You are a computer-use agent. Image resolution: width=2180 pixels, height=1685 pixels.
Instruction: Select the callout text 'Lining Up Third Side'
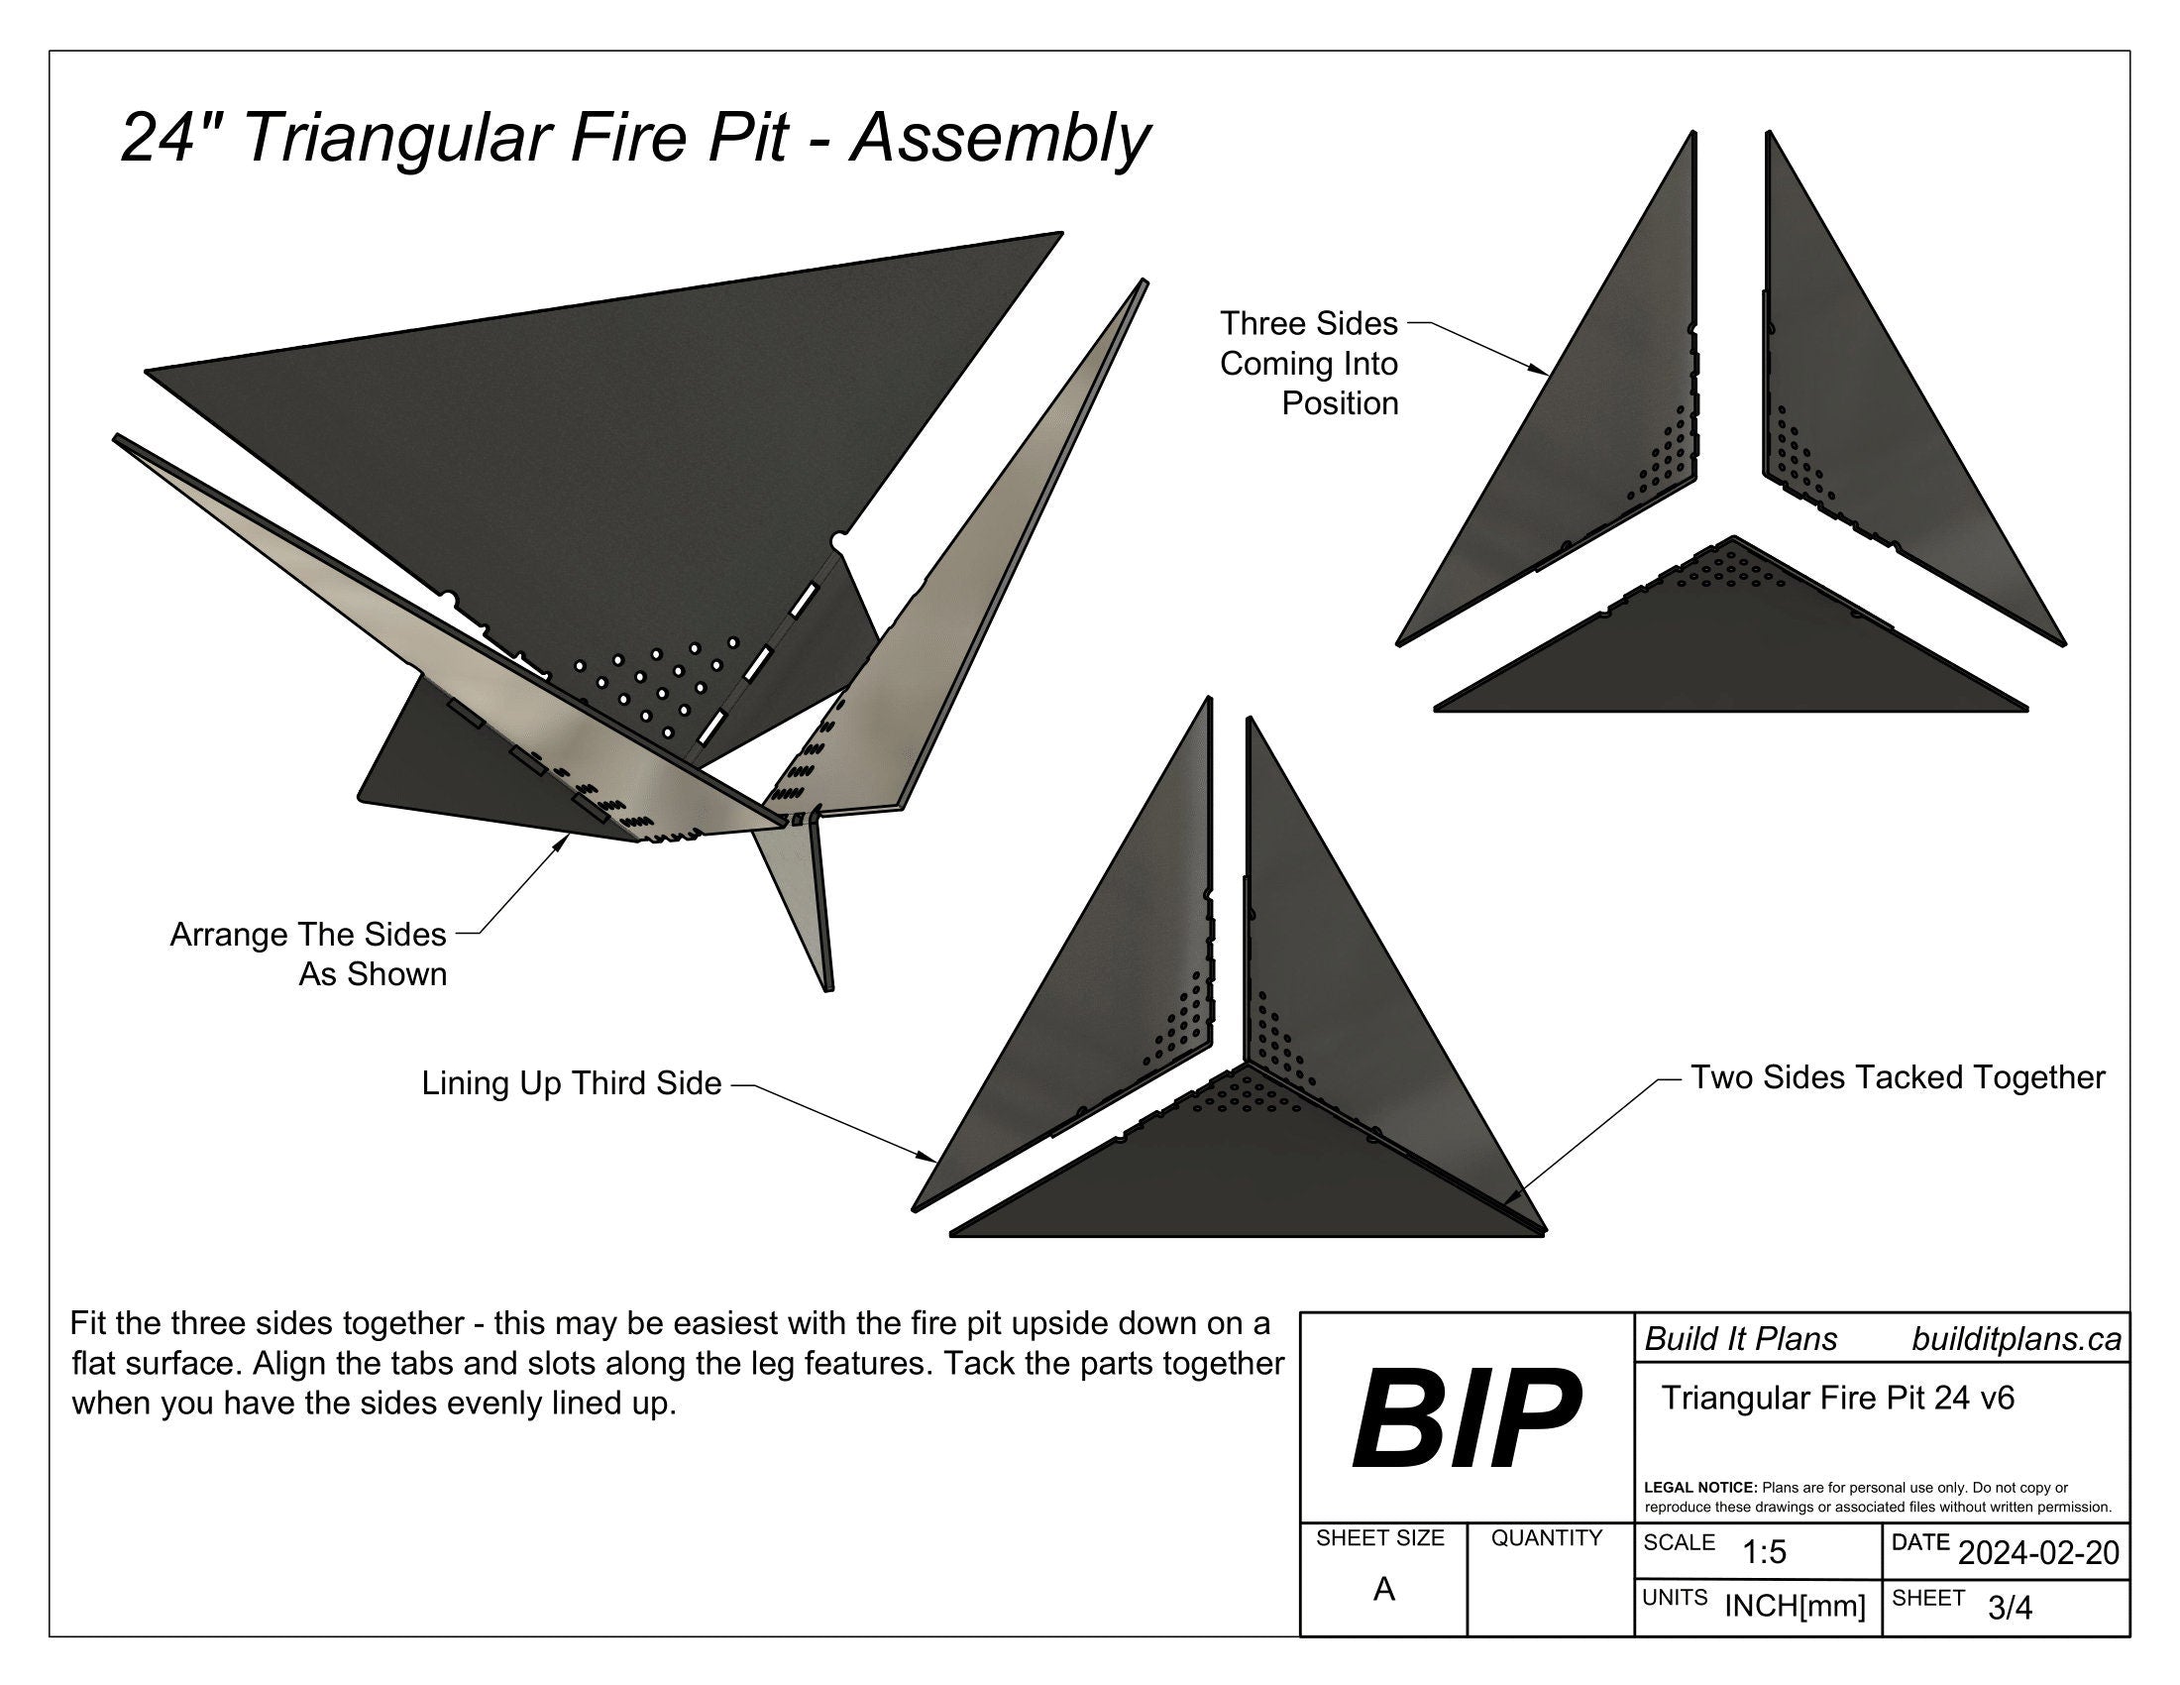[571, 1083]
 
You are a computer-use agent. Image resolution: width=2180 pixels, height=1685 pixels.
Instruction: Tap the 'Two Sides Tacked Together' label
[1897, 1077]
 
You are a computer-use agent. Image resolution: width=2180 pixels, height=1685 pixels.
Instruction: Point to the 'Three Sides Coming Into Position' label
[1309, 364]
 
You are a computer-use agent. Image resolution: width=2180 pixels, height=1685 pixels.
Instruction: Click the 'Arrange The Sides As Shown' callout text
[308, 954]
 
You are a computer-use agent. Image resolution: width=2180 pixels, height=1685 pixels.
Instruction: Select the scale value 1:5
[1764, 1552]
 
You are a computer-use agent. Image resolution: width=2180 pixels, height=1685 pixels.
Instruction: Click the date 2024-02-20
[2038, 1552]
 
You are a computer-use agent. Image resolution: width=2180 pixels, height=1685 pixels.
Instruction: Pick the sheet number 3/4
[2010, 1607]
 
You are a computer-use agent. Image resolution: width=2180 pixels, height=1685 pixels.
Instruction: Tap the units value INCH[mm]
[1795, 1606]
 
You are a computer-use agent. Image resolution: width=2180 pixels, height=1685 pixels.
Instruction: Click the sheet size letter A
[1383, 1589]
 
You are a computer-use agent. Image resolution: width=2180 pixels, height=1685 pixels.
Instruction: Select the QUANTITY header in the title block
[1546, 1538]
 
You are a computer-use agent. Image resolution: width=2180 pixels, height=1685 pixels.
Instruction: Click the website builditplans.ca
[2016, 1339]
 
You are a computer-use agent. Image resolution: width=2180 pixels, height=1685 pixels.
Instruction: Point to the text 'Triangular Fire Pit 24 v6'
[1837, 1398]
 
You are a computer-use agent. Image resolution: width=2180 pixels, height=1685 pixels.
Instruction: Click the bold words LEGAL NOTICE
[1699, 1488]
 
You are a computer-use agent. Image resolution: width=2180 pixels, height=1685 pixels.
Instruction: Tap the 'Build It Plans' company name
[1741, 1339]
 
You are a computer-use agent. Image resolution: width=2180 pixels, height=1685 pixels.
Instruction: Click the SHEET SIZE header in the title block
[1379, 1538]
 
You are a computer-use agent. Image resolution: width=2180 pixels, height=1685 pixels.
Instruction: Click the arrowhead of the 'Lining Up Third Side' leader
[930, 1160]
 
